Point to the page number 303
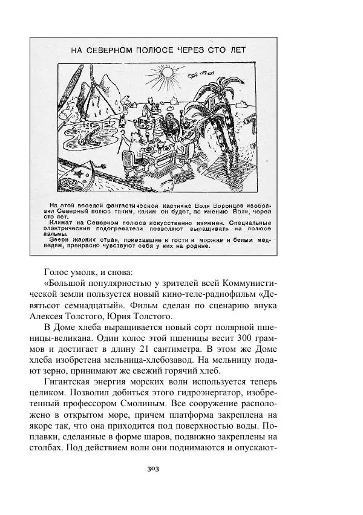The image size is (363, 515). (x=181, y=469)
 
